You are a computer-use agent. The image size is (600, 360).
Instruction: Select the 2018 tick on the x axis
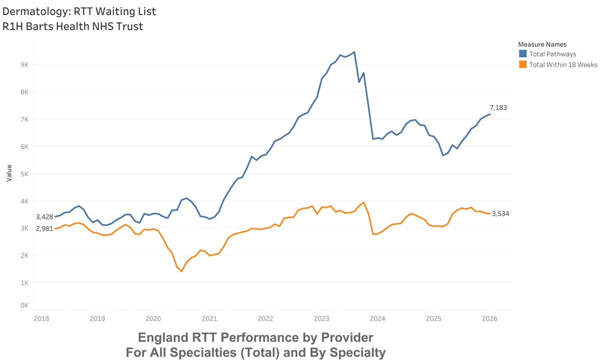click(x=41, y=318)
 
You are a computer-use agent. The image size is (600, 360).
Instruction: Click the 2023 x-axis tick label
click(x=321, y=318)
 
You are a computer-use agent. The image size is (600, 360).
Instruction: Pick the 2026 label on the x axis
click(x=490, y=318)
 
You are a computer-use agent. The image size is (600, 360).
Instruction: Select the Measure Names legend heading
click(x=542, y=44)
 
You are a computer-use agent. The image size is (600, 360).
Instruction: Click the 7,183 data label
click(x=499, y=108)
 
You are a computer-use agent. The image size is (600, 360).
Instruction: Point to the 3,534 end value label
click(x=501, y=214)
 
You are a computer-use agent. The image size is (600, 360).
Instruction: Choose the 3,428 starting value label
click(x=44, y=217)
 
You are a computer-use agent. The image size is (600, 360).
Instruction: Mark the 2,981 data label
click(x=44, y=228)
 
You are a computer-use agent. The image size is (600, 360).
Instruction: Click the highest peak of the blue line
click(x=354, y=52)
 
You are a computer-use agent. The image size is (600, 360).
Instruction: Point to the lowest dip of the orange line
click(x=181, y=271)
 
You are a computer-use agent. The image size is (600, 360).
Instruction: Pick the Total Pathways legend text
click(x=554, y=54)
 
